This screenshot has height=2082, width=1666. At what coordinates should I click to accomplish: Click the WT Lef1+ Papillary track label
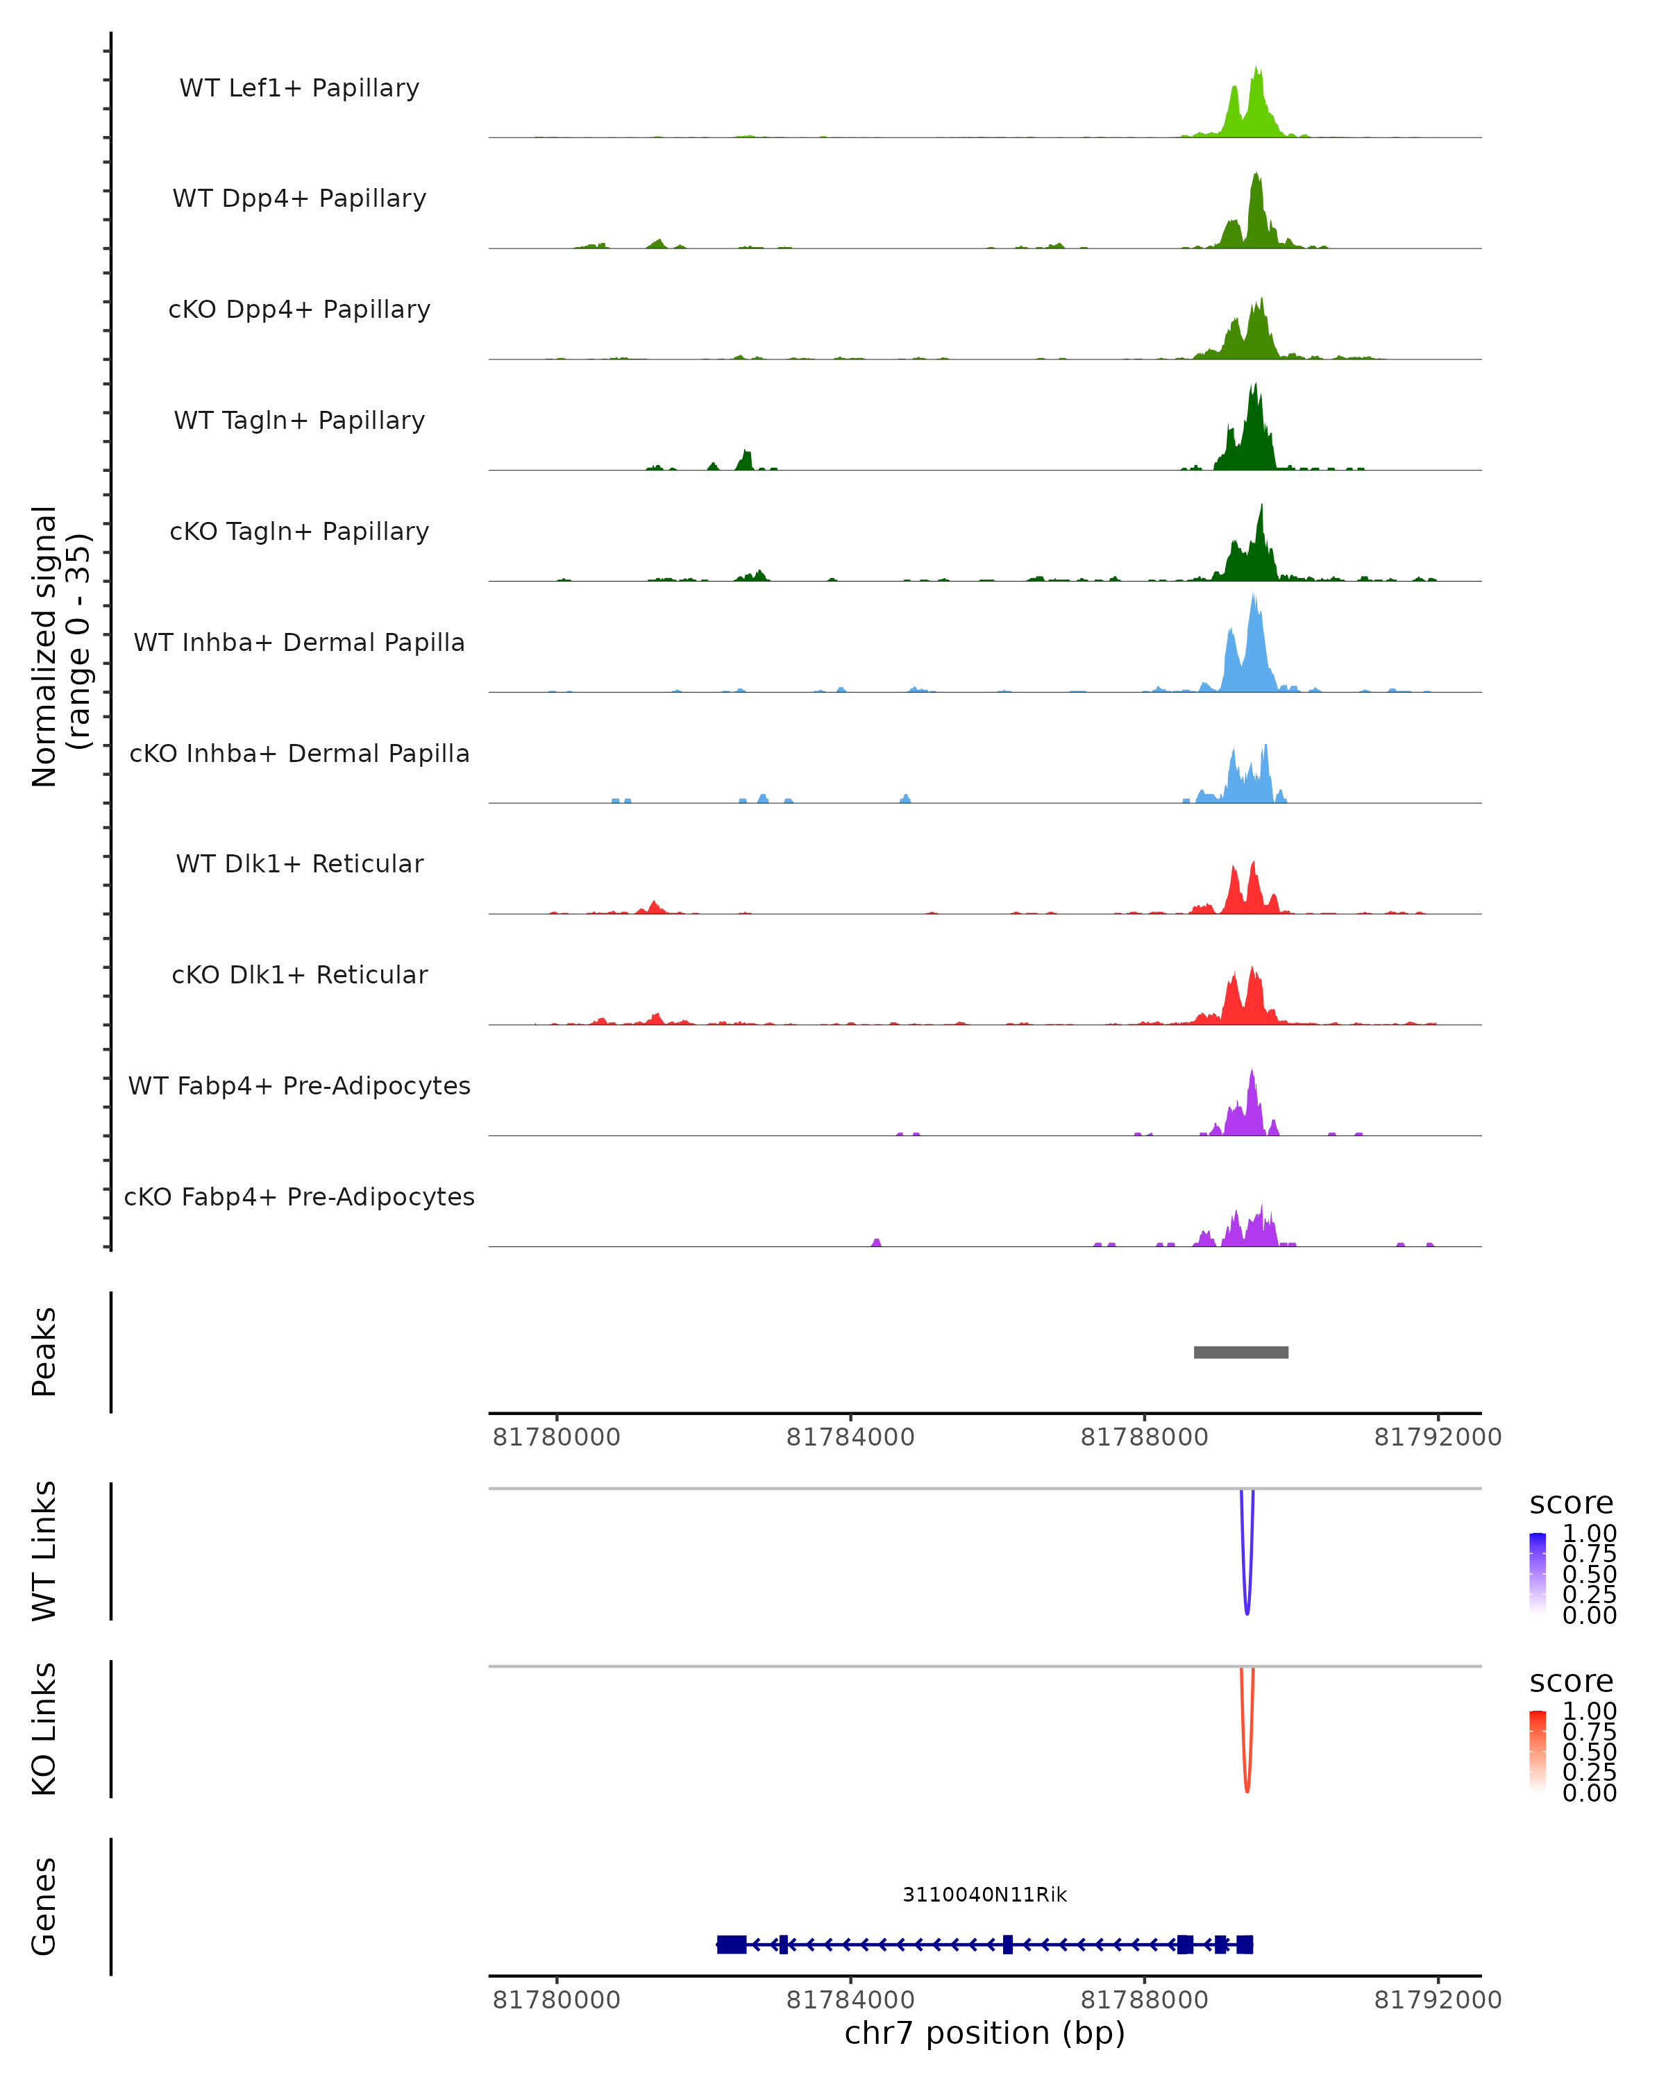[299, 88]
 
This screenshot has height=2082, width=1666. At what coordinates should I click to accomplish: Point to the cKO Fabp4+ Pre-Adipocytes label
[299, 1196]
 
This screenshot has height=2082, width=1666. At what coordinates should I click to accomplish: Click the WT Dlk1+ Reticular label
[299, 863]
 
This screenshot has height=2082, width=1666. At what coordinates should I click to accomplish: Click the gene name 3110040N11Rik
[984, 1895]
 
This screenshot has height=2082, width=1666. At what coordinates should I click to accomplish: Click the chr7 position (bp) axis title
[984, 2033]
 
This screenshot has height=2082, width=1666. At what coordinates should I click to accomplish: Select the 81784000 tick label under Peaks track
[850, 1437]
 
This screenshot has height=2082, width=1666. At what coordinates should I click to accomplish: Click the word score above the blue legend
[1570, 1503]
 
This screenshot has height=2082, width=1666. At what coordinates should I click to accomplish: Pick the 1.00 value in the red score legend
[1589, 1710]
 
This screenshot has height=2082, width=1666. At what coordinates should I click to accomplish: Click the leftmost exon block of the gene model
[731, 1944]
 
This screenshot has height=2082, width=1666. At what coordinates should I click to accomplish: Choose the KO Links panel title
[44, 1729]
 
